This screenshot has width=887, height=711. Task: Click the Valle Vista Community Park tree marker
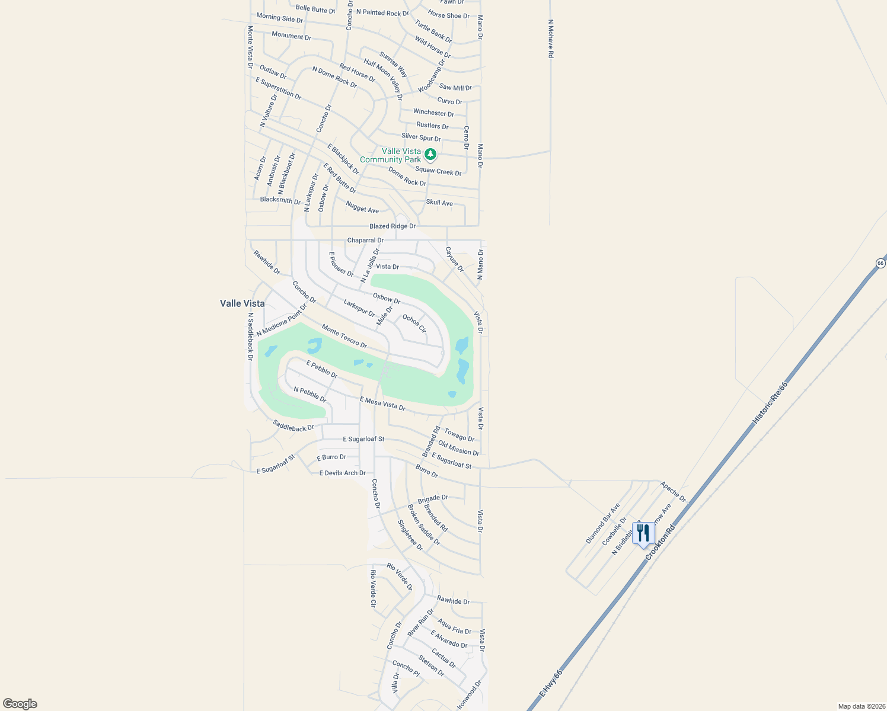coord(430,155)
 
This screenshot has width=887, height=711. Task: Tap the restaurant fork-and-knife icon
coord(643,533)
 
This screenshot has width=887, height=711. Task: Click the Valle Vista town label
coord(243,303)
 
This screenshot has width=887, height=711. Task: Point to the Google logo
coord(20,704)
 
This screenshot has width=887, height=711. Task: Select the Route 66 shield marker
coord(880,262)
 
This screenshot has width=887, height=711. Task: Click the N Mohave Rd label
coord(551,39)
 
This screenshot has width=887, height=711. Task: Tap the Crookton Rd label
coord(660,543)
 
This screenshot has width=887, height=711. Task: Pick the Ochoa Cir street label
coord(414,324)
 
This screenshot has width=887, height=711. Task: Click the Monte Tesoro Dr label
coord(344,336)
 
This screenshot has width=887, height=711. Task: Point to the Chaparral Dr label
coord(365,240)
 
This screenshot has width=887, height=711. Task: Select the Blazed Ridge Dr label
coord(393,226)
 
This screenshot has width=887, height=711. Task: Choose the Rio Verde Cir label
coord(373,588)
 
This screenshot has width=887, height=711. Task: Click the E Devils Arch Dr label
coord(342,473)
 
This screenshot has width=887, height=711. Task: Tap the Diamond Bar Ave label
coord(603,523)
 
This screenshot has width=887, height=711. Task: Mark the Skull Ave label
coord(439,203)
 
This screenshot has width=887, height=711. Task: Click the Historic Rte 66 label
coord(770,403)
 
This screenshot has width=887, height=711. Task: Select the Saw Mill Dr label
coord(455,87)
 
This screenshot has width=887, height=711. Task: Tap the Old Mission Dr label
coord(458,448)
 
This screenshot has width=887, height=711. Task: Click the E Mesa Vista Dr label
coord(382,404)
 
